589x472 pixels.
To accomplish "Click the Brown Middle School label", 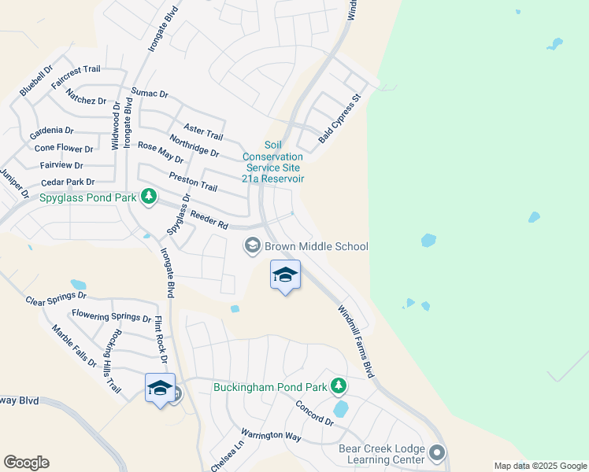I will click(x=316, y=247).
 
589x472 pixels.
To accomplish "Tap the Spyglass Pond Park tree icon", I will click(x=148, y=197).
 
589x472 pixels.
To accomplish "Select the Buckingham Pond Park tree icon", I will click(x=339, y=385).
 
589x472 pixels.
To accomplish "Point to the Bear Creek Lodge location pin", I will click(x=438, y=453).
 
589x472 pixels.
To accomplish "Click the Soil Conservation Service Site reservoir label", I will click(x=272, y=162).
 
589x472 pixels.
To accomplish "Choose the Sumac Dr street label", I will click(x=150, y=94).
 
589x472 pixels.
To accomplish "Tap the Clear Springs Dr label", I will click(x=55, y=298).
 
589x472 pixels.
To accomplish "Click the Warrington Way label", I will click(x=271, y=436).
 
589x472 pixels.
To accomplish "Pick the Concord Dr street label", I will click(x=314, y=413).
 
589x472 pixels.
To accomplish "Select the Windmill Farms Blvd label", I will click(x=356, y=341).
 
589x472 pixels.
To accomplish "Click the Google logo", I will click(x=26, y=463).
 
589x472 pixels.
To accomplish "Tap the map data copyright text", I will click(x=540, y=466).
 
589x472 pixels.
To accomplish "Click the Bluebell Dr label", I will click(x=35, y=83).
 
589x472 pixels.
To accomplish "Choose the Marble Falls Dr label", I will click(x=74, y=347).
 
